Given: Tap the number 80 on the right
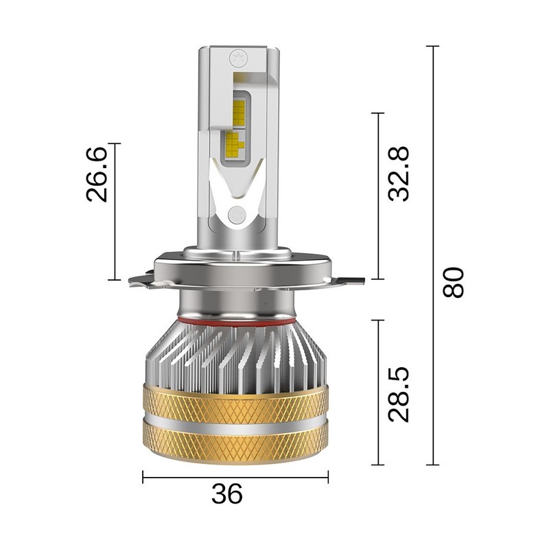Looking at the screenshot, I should (453, 282).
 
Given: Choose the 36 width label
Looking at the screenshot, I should (227, 493).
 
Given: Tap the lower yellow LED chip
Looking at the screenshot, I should (233, 142).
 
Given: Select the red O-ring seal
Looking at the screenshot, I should (235, 320).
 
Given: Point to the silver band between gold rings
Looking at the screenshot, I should (235, 421).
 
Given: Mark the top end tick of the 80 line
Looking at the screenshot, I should (432, 47).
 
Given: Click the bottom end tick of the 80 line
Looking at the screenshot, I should (432, 465).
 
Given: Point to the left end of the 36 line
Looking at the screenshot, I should (143, 476).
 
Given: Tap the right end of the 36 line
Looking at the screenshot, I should (328, 476).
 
